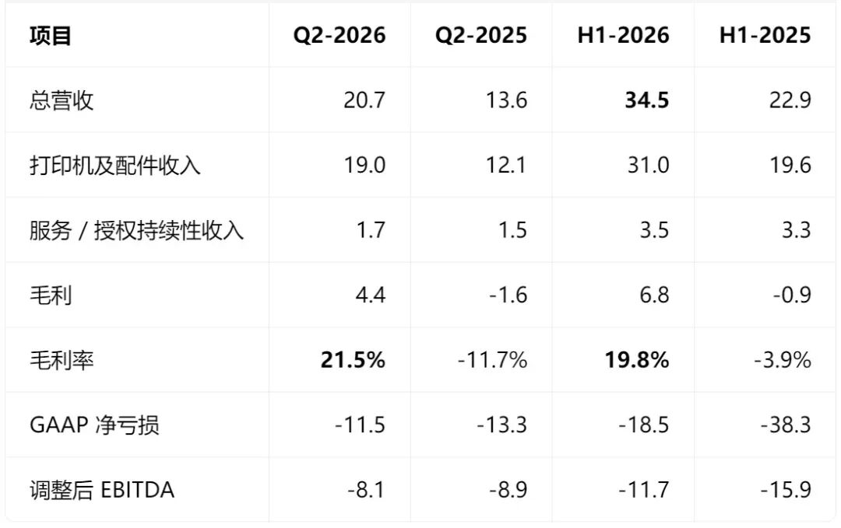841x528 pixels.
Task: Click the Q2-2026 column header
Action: click(x=339, y=35)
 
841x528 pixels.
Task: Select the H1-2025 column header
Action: click(x=765, y=35)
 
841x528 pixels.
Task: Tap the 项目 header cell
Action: click(x=51, y=36)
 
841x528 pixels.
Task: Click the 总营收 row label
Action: click(x=62, y=100)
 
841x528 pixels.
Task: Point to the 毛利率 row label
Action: click(x=62, y=360)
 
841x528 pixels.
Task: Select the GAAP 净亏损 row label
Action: click(x=94, y=425)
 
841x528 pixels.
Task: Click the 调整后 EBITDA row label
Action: click(x=102, y=490)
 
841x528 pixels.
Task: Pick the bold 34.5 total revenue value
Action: click(x=647, y=100)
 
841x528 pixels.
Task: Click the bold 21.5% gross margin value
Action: click(x=353, y=360)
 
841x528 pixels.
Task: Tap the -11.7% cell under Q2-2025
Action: click(x=492, y=360)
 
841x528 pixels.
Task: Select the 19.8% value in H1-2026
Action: click(x=637, y=360)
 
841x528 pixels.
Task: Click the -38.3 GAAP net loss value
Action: click(x=786, y=425)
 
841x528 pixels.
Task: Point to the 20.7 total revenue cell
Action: click(x=364, y=100)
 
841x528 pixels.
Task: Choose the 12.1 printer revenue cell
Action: click(x=506, y=166)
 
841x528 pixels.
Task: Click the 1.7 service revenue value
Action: click(x=371, y=230)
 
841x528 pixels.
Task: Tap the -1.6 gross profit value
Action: click(x=508, y=295)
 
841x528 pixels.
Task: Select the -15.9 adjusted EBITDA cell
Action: click(x=786, y=490)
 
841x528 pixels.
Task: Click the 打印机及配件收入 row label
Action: click(x=115, y=166)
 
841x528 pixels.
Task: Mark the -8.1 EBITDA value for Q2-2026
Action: click(x=366, y=490)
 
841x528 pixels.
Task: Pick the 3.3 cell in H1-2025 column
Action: click(x=797, y=230)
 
